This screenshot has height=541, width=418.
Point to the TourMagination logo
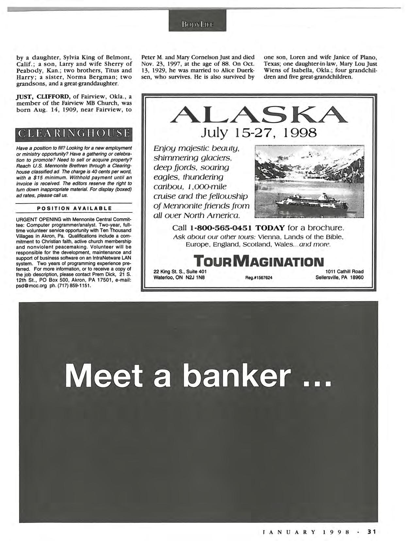(x=259, y=261)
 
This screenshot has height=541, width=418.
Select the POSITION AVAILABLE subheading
(x=74, y=208)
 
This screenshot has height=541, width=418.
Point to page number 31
(x=372, y=532)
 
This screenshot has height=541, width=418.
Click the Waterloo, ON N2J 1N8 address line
(x=179, y=278)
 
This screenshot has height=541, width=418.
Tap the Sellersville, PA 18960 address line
(x=339, y=278)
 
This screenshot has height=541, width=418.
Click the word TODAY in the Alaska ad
(x=269, y=228)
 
